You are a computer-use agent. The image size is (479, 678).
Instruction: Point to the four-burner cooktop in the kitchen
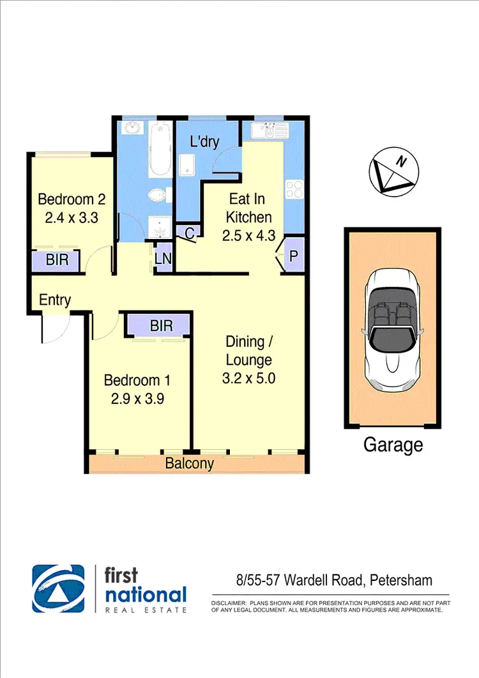[294, 189]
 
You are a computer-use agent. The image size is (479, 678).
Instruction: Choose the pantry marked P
[294, 255]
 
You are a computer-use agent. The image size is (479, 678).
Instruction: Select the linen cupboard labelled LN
[163, 259]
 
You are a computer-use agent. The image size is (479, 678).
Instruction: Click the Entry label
[55, 300]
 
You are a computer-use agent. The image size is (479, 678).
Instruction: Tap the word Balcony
[189, 464]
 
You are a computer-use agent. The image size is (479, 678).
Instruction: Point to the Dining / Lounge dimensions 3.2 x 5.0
[248, 378]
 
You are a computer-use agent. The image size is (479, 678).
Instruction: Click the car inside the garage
[392, 328]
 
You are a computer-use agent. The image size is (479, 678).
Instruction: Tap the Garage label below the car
[393, 444]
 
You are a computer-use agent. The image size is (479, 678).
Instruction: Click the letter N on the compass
[401, 162]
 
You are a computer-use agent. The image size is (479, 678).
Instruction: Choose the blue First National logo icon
[59, 588]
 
